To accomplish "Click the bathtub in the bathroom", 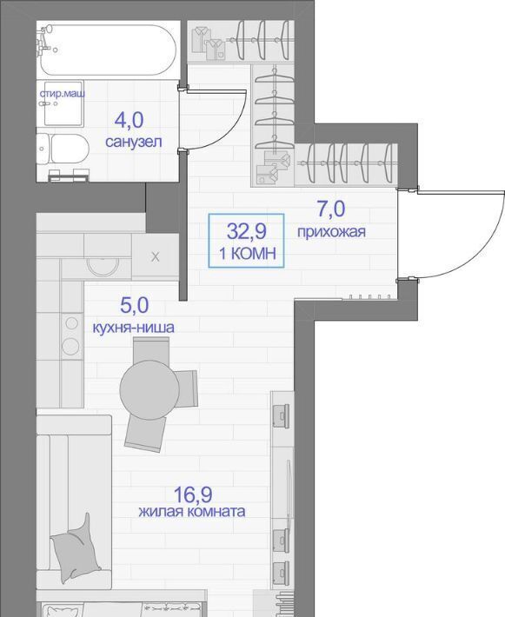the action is pyautogui.click(x=107, y=50).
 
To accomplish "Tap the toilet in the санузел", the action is pyautogui.click(x=63, y=149).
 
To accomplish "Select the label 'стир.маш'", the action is pyautogui.click(x=63, y=94).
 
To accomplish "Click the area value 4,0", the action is pyautogui.click(x=129, y=120).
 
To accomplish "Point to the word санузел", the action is pyautogui.click(x=134, y=142).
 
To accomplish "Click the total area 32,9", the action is pyautogui.click(x=246, y=231).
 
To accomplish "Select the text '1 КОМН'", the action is pyautogui.click(x=247, y=254).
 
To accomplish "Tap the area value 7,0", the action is pyautogui.click(x=331, y=209).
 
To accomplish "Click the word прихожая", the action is pyautogui.click(x=331, y=232).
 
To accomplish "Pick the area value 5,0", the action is pyautogui.click(x=134, y=305).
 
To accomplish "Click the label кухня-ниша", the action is pyautogui.click(x=134, y=328).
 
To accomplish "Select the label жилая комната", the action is pyautogui.click(x=192, y=512).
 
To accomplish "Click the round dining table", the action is pyautogui.click(x=150, y=390).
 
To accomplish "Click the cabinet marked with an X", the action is pyautogui.click(x=155, y=257).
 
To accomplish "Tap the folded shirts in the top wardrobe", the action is pyautogui.click(x=209, y=43).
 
